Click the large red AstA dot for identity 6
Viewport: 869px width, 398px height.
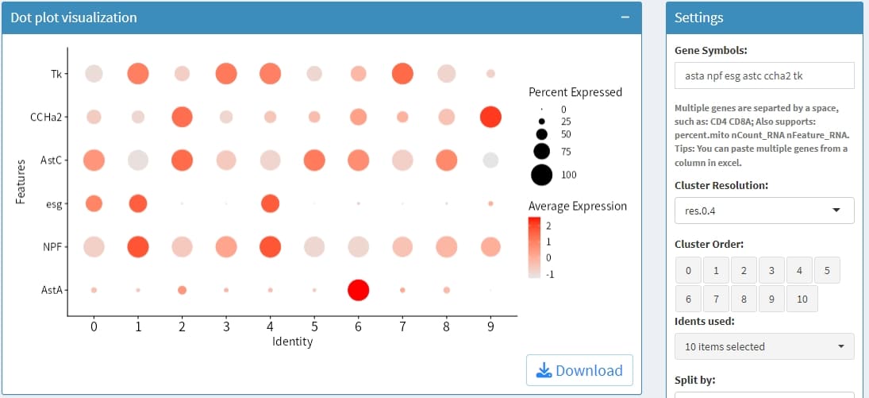(x=358, y=290)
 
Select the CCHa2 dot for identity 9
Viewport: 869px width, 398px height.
(x=490, y=117)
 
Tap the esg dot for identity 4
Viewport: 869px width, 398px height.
(x=270, y=203)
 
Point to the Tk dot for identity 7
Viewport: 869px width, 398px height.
(x=402, y=74)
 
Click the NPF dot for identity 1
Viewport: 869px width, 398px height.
(x=138, y=247)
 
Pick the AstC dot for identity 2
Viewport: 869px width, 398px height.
(x=182, y=160)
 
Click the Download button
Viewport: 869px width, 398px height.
(x=579, y=370)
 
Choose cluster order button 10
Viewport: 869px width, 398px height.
(x=802, y=299)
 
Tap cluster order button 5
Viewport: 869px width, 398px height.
(x=826, y=271)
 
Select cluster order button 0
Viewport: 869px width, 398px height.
(x=688, y=271)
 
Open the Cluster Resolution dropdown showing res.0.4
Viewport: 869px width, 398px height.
(x=763, y=211)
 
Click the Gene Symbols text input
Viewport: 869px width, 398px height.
(x=763, y=75)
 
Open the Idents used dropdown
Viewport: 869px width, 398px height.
(x=763, y=346)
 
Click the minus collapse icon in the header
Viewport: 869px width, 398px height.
(x=625, y=17)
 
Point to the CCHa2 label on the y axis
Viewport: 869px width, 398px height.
(x=46, y=117)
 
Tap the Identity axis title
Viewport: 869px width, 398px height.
(x=292, y=342)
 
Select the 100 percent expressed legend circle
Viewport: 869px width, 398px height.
(x=542, y=175)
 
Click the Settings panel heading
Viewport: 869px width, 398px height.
(x=698, y=17)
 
